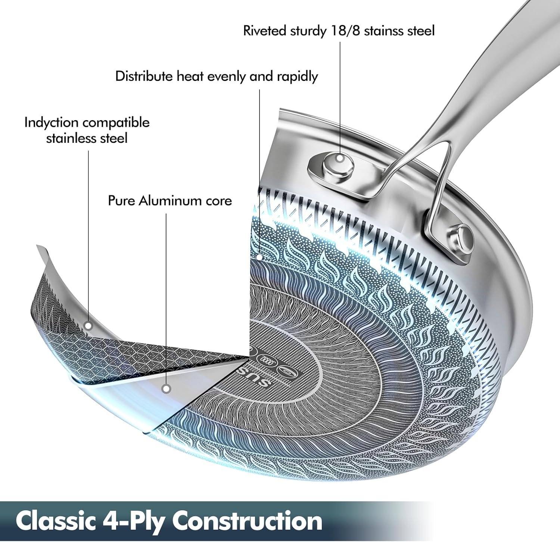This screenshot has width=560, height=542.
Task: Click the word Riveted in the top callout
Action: tap(265, 31)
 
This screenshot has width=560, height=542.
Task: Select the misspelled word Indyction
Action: tap(51, 123)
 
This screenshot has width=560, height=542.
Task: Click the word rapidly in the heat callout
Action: tap(297, 77)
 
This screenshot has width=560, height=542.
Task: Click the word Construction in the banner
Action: tap(247, 521)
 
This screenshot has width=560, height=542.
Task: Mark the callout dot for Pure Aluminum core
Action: tap(167, 389)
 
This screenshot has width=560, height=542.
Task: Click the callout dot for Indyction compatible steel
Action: tap(88, 326)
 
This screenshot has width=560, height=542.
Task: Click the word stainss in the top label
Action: tap(385, 31)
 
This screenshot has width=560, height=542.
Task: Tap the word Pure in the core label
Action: tap(122, 201)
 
